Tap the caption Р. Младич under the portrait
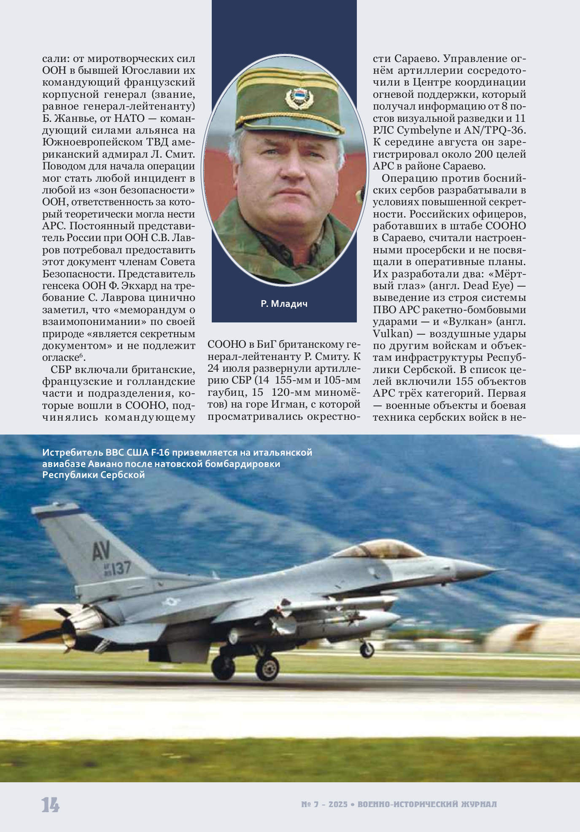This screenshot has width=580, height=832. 284,303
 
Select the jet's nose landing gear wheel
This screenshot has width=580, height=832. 367,649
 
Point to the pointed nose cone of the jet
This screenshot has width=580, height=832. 485,569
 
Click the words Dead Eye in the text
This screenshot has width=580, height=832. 488,286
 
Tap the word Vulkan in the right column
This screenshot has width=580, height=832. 392,333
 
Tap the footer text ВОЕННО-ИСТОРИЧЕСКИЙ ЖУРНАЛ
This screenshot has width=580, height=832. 427,804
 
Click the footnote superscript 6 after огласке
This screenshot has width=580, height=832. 82,356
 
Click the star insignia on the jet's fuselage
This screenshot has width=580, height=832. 171,601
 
